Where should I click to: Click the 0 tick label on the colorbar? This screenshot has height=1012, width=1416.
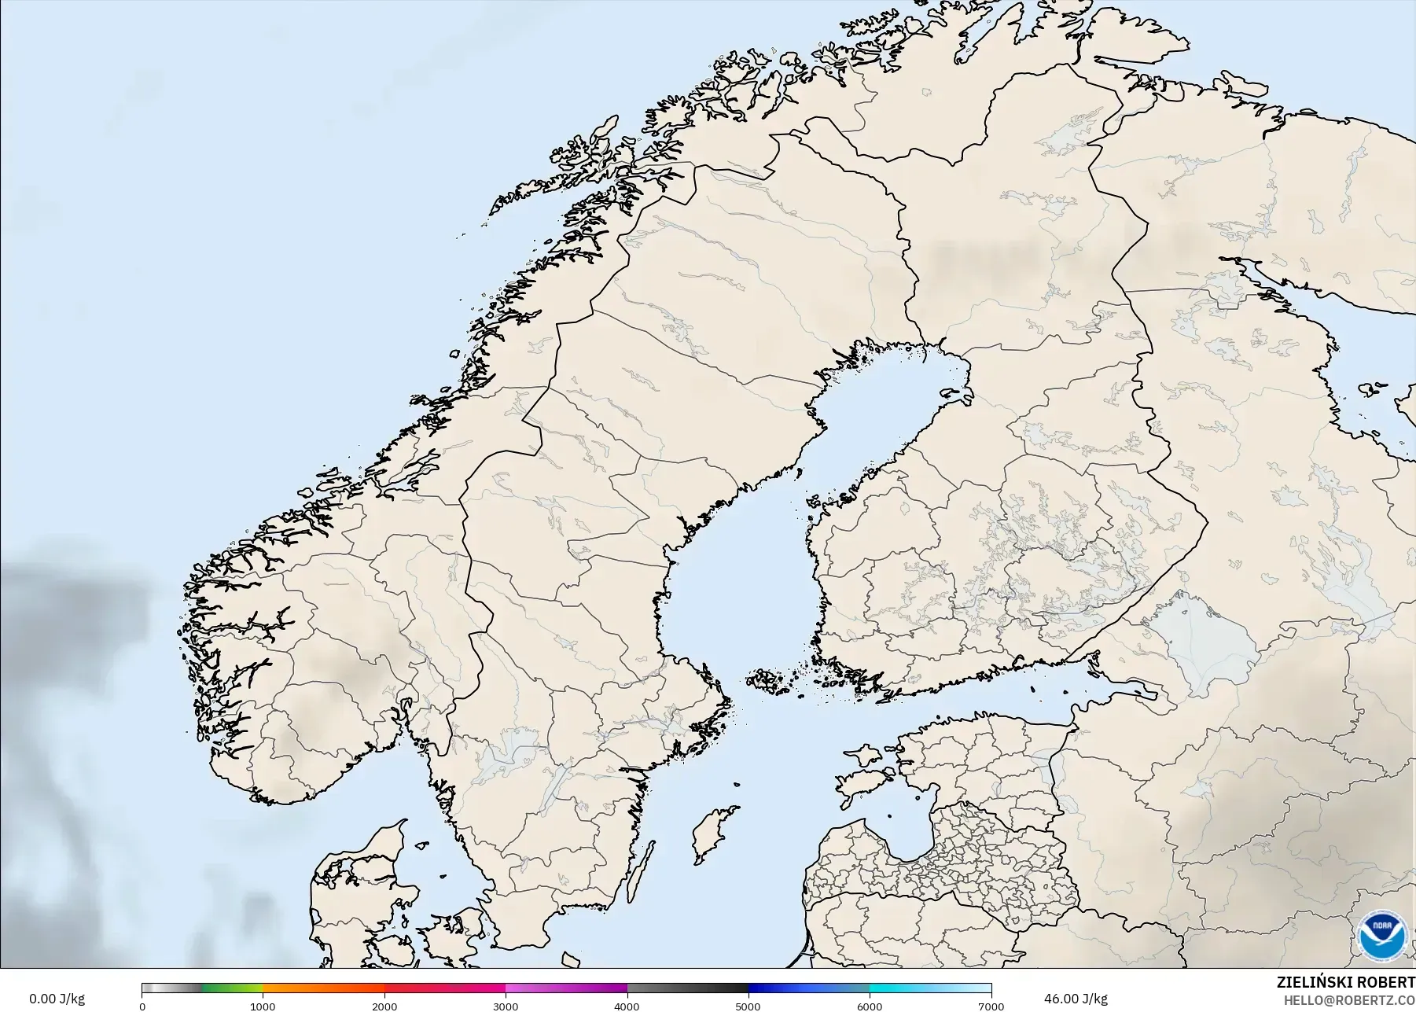(142, 1006)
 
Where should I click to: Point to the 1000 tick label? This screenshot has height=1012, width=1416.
(263, 1006)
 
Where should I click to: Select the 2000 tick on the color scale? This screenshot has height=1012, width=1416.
(384, 1006)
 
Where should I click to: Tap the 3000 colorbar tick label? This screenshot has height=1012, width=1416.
(506, 1006)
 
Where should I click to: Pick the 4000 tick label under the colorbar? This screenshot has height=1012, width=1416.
(627, 1006)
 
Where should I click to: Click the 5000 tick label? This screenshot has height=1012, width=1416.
(748, 1006)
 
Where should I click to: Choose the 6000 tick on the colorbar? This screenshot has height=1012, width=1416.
(870, 1006)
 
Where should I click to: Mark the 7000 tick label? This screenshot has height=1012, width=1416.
(990, 1006)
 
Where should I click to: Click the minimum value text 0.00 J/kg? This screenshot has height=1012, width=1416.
(57, 999)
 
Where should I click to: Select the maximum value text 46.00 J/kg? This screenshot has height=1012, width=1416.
(1076, 999)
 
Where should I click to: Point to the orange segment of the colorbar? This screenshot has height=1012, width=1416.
(322, 988)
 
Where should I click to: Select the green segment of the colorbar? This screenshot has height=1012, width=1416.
(232, 988)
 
